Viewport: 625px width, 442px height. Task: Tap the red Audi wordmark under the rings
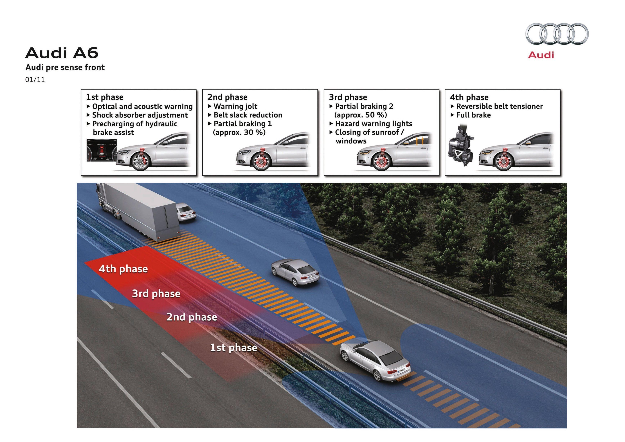(x=541, y=55)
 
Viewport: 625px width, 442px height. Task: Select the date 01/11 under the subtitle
(x=35, y=80)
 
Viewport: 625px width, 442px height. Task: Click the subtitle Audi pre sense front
(x=65, y=67)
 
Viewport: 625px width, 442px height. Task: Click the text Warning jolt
(x=235, y=106)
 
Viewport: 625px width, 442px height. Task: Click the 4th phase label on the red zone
(x=123, y=269)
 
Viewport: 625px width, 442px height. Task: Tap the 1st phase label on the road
(x=233, y=347)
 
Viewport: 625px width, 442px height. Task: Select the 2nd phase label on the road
(x=192, y=317)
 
